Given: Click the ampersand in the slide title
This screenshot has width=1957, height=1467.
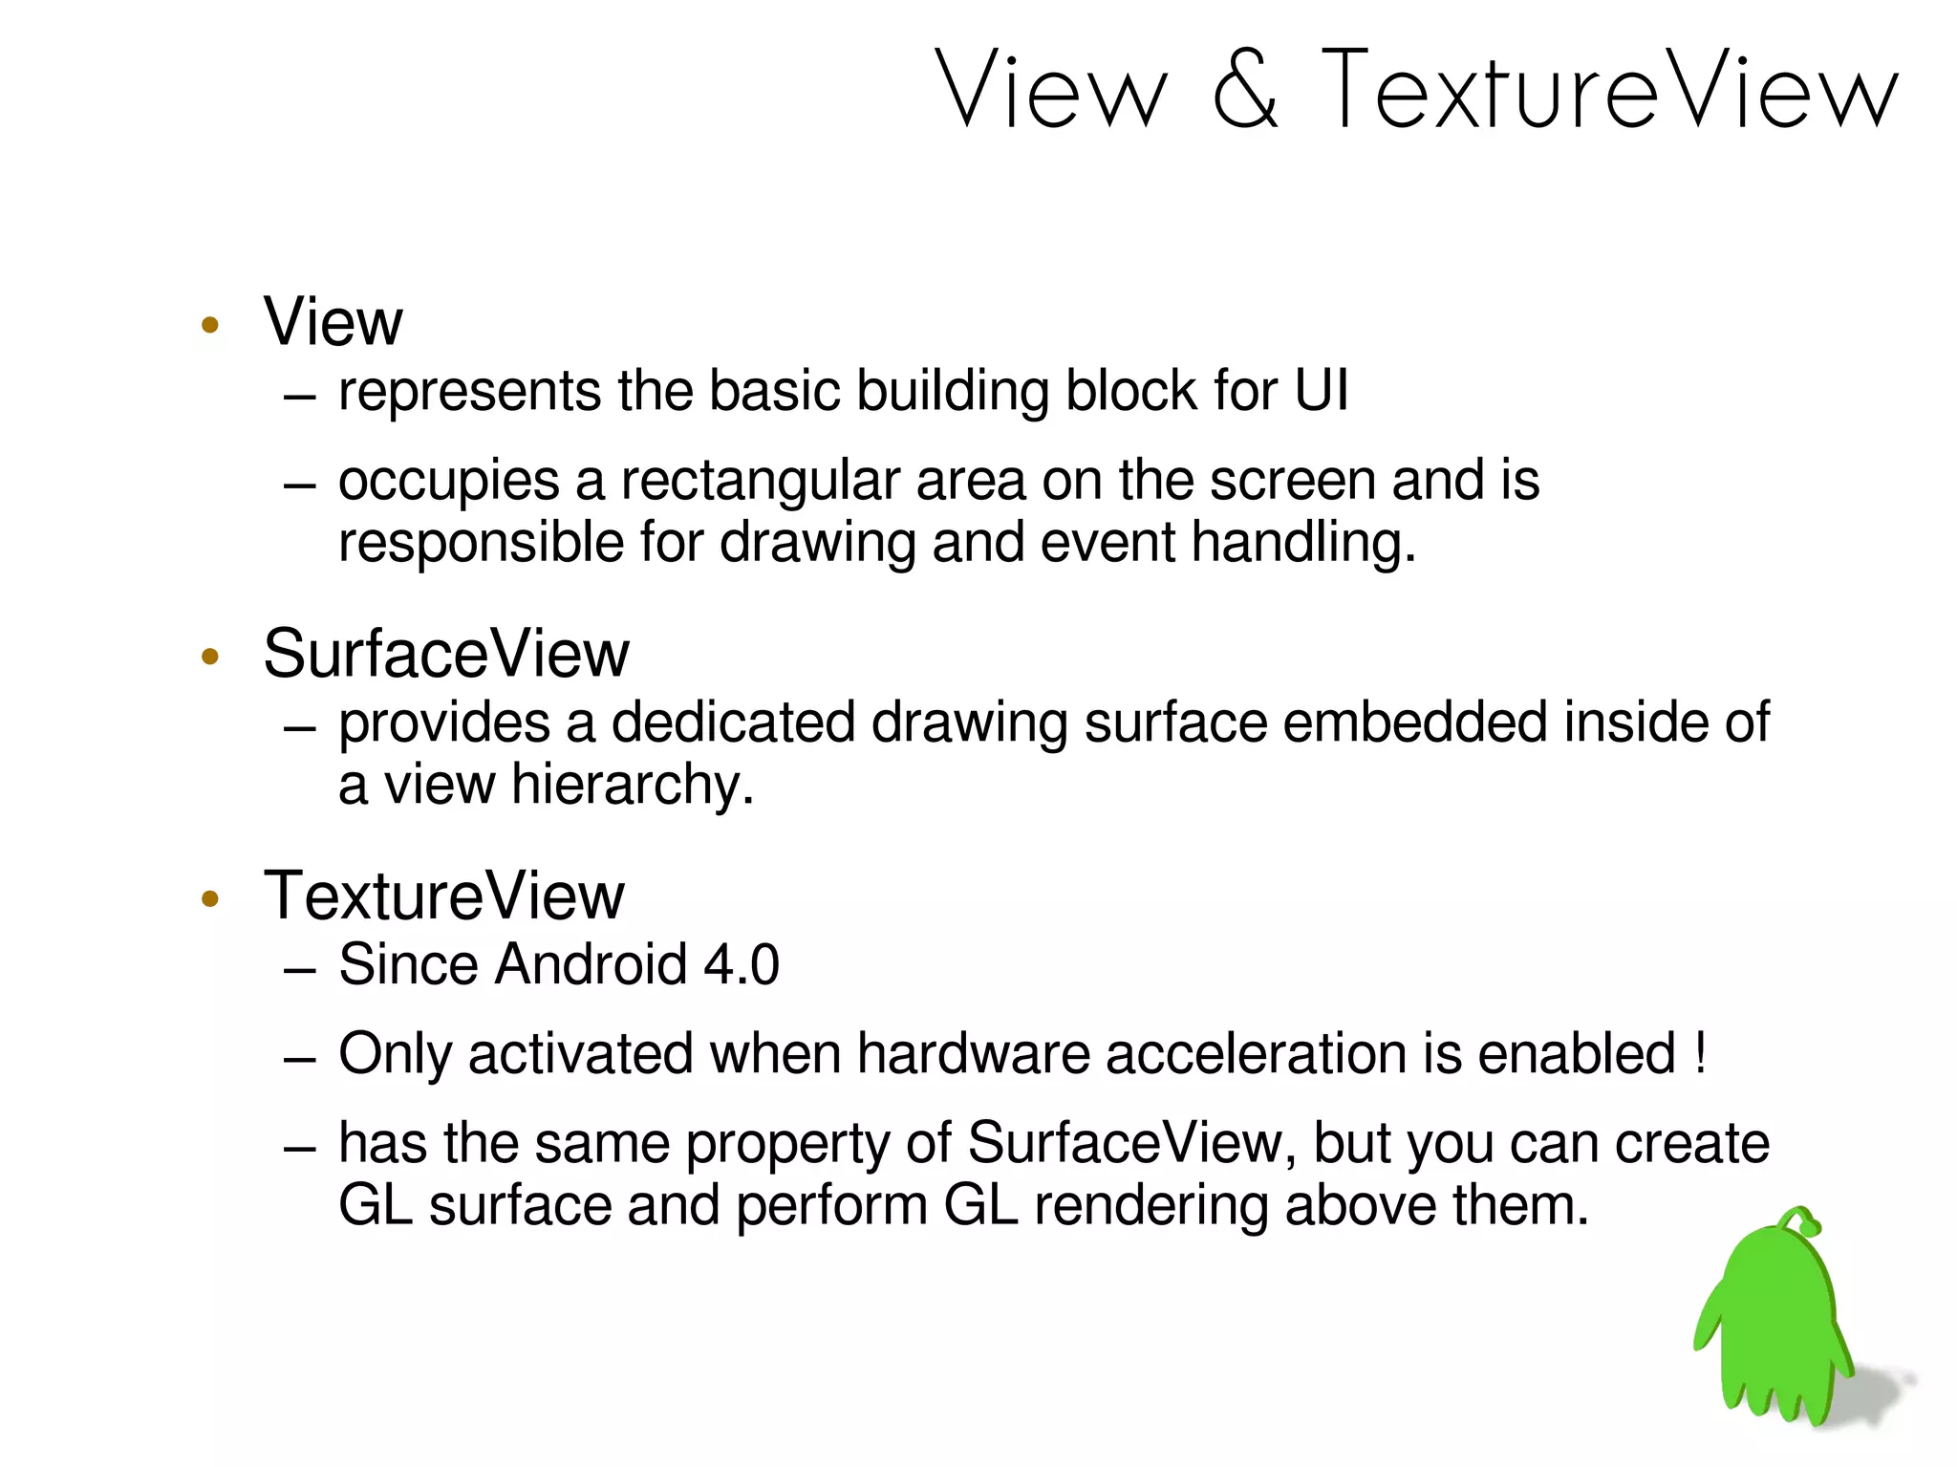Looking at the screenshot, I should [x=1245, y=90].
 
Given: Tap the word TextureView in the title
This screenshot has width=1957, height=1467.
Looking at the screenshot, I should [x=1610, y=90].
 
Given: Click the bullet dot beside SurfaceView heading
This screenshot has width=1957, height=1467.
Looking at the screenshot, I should [x=210, y=657].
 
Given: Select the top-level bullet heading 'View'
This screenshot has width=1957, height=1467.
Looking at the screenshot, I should [x=333, y=322].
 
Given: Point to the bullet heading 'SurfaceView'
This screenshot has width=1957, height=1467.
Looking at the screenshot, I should [x=446, y=655].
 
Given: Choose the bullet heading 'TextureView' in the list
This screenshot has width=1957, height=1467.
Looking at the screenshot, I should [x=443, y=896].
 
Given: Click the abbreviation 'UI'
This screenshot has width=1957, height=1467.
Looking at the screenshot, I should [x=1321, y=391].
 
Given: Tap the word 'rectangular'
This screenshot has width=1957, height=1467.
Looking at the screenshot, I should [x=760, y=481].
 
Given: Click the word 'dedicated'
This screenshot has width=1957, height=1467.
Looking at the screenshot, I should [x=733, y=723].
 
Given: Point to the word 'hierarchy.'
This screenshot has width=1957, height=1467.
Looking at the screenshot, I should [x=633, y=786].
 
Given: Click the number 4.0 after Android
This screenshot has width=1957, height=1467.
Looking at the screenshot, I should [x=742, y=964].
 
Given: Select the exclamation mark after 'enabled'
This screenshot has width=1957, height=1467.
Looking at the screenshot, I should [x=1700, y=1053].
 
